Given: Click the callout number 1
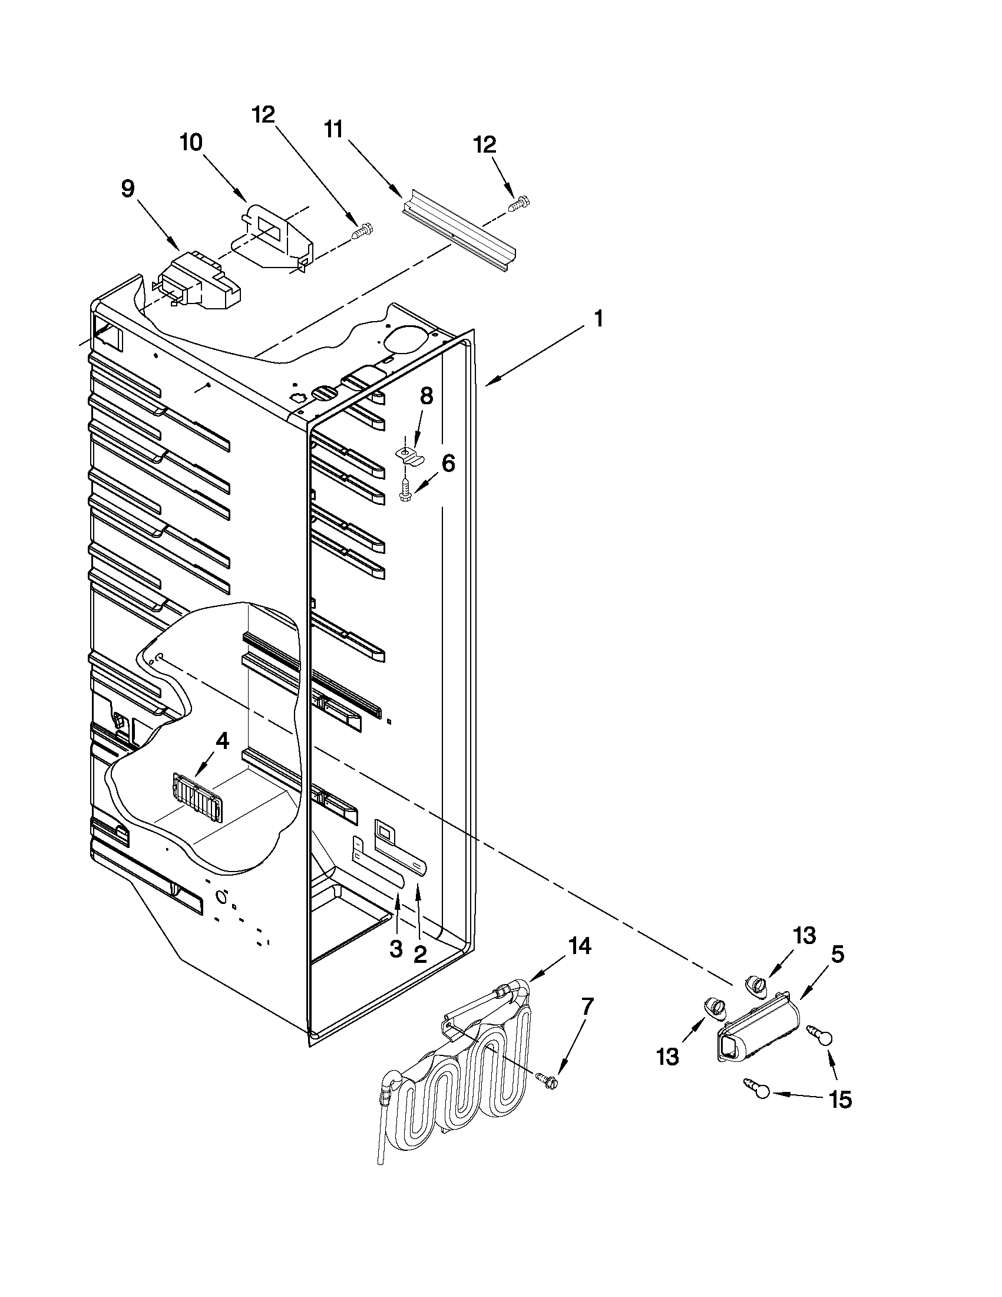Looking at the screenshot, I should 598,319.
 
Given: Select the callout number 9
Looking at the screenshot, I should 128,189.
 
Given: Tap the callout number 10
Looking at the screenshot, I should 191,143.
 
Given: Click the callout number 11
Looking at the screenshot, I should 333,129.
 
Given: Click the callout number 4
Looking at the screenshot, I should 221,740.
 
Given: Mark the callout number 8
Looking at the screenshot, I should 427,396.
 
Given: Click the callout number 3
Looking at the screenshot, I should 396,948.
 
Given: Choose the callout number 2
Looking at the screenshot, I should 419,954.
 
